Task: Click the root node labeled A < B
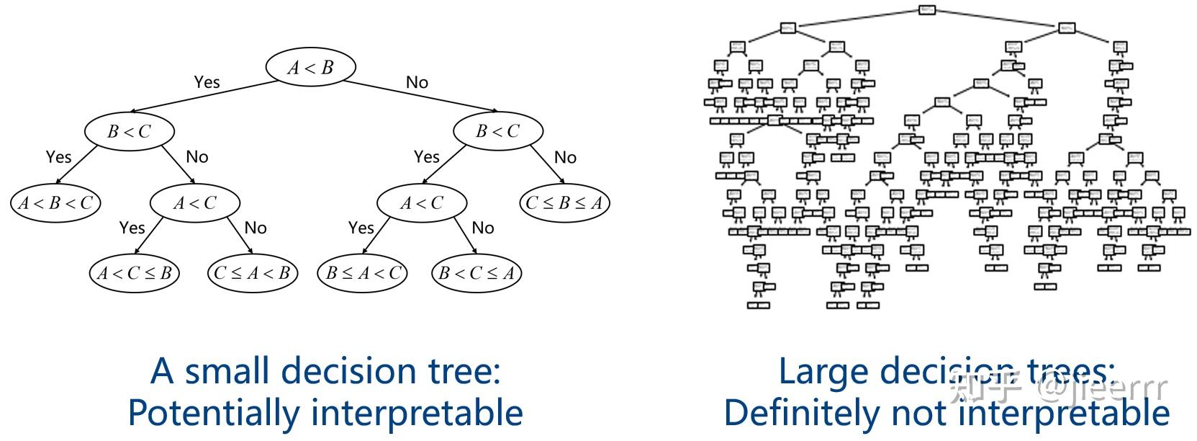coord(310,68)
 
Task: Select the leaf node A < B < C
coord(55,203)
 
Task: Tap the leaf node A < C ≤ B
coord(135,273)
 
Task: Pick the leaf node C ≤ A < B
coord(252,273)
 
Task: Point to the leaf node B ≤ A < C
coord(362,273)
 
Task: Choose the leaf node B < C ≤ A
coord(476,273)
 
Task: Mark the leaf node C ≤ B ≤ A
coord(564,203)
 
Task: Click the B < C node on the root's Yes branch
coord(130,131)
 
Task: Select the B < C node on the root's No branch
coord(497,131)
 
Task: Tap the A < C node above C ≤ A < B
coord(194,203)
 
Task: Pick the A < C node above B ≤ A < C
coord(422,203)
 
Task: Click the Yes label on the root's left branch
coord(207,82)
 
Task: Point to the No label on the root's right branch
coord(417,82)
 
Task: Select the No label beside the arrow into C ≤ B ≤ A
coord(565,157)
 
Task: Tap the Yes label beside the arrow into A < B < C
coord(58,156)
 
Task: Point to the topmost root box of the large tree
coord(927,9)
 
